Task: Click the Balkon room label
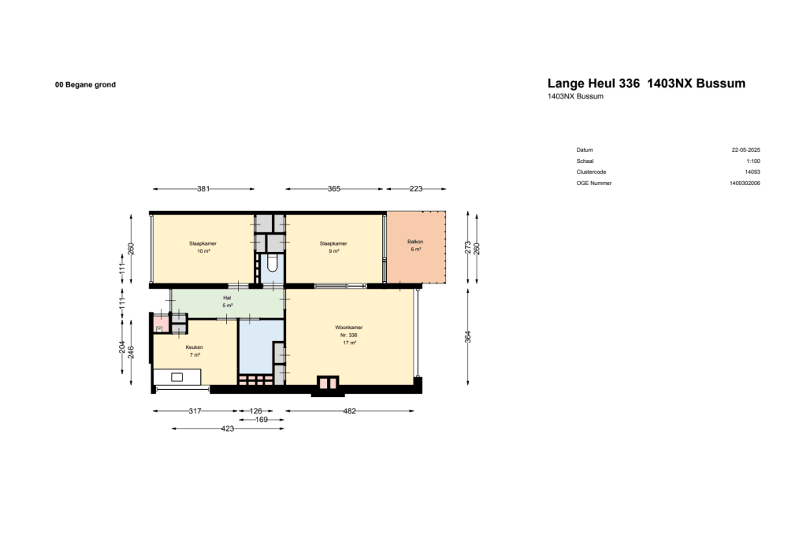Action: tap(415, 241)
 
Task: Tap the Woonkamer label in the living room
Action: tap(348, 327)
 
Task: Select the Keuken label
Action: tap(194, 347)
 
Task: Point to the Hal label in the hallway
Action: tap(227, 298)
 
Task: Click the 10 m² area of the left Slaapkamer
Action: tap(203, 251)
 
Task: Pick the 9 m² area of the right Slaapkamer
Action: tap(334, 251)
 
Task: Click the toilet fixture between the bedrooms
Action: tap(272, 263)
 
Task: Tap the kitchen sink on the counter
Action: tap(176, 377)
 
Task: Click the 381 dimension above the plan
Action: tap(203, 189)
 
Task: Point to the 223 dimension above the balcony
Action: tap(416, 189)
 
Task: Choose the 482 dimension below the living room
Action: tap(349, 411)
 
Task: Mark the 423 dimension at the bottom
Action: tap(228, 428)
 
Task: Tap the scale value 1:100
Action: tap(753, 161)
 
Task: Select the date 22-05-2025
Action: tap(745, 150)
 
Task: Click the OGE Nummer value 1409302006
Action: tap(745, 183)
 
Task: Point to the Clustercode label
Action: tap(591, 172)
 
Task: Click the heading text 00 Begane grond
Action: tap(85, 84)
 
